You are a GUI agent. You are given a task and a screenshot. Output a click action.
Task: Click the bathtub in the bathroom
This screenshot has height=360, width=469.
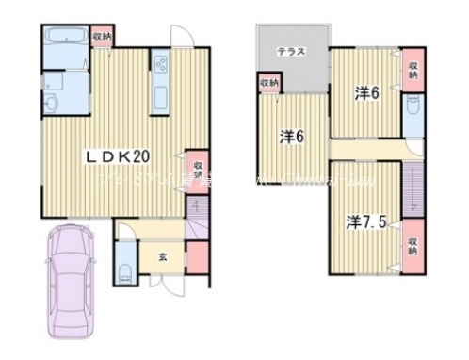point(67,40)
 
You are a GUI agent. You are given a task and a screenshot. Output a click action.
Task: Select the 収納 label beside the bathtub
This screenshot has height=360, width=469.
point(103,37)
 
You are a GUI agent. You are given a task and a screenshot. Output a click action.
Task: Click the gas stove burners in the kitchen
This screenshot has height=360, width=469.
point(159,65)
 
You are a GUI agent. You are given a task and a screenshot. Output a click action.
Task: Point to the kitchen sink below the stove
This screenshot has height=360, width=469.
point(159,95)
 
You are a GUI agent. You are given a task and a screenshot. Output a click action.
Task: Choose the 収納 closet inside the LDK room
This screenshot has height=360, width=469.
point(198,168)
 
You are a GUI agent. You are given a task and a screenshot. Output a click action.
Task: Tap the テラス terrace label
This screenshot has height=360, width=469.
point(290,54)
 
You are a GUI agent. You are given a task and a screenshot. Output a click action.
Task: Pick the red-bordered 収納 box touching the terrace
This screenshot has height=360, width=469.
point(269,84)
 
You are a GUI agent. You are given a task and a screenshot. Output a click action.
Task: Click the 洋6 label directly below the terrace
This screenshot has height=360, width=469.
point(290,136)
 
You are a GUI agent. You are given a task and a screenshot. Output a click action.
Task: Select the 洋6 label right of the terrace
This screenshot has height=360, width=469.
point(367,93)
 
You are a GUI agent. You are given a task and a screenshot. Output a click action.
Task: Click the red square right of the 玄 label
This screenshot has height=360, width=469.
point(198,254)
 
